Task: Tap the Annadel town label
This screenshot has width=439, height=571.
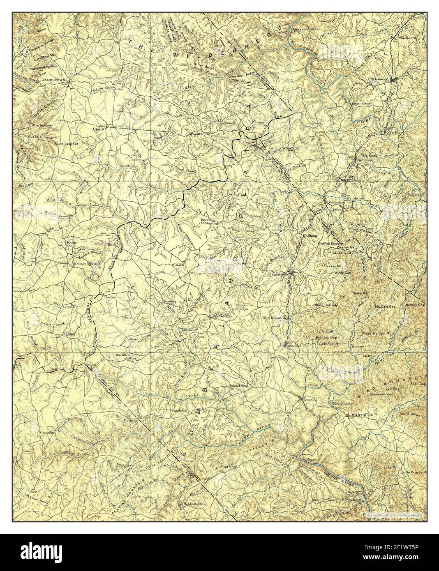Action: click(x=293, y=346)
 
